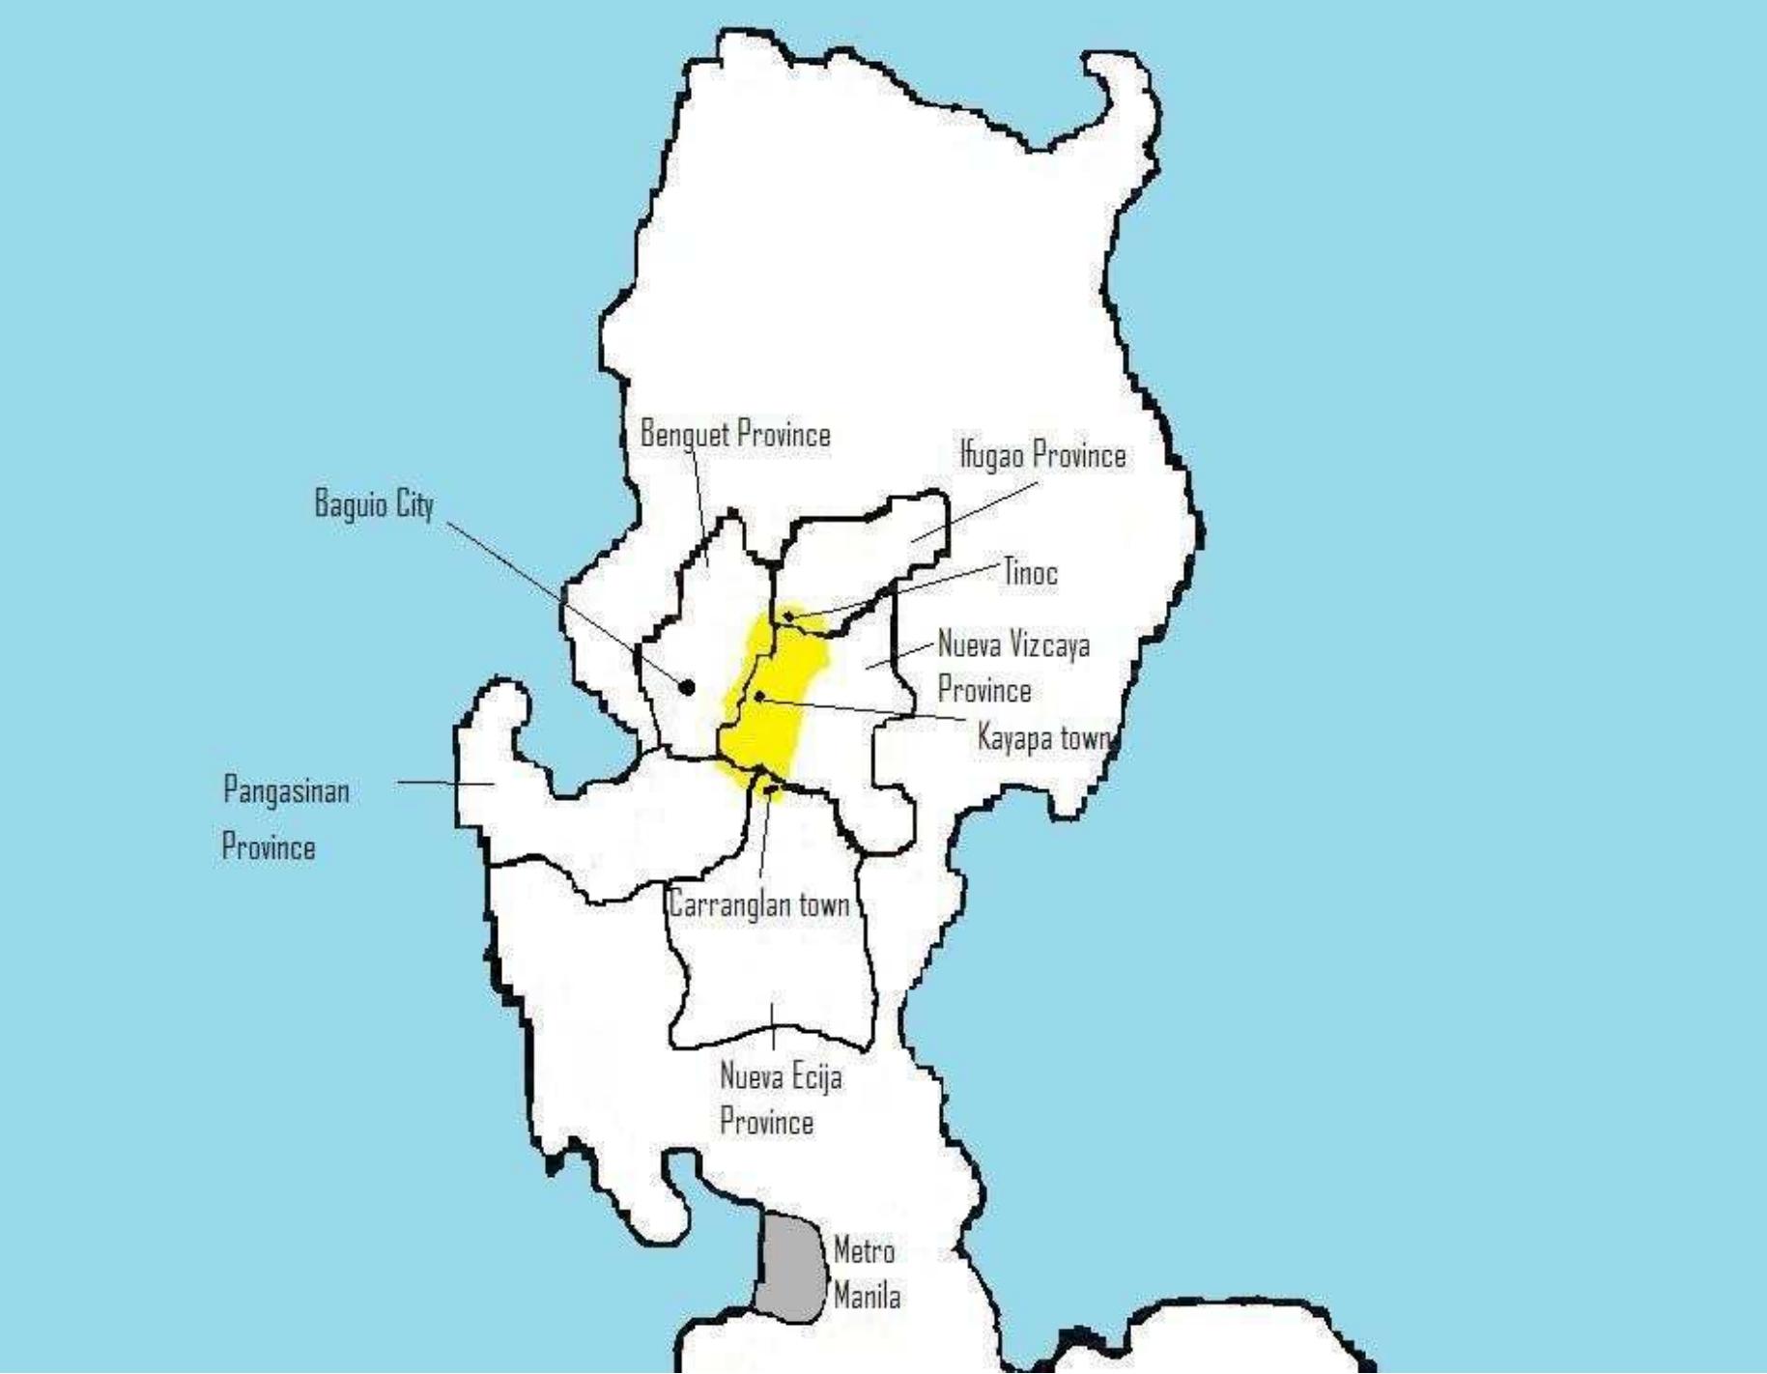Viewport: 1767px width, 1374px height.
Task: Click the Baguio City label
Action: [x=374, y=504]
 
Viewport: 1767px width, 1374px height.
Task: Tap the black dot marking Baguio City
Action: [x=687, y=688]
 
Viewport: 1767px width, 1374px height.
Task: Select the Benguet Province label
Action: [x=735, y=435]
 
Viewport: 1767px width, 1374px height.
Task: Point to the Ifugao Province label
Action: [x=1042, y=455]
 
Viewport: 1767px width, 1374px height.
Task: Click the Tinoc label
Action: [x=1030, y=573]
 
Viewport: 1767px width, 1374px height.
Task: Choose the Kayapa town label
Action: [x=1043, y=739]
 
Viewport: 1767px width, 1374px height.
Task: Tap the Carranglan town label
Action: [x=759, y=905]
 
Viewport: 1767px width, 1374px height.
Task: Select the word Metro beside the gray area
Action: [x=864, y=1251]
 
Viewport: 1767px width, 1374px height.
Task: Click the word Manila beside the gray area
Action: [x=867, y=1297]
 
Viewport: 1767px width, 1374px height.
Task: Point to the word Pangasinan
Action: [x=286, y=791]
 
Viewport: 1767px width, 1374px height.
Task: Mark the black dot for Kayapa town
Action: [x=759, y=696]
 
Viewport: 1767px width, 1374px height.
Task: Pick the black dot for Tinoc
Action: [x=788, y=615]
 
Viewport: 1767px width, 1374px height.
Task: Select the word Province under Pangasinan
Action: [x=269, y=848]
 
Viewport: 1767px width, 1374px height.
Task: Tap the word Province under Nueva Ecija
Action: [x=766, y=1123]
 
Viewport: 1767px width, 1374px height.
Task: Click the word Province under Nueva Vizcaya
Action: [x=984, y=691]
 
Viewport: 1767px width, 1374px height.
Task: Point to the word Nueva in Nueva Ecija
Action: [x=746, y=1077]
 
